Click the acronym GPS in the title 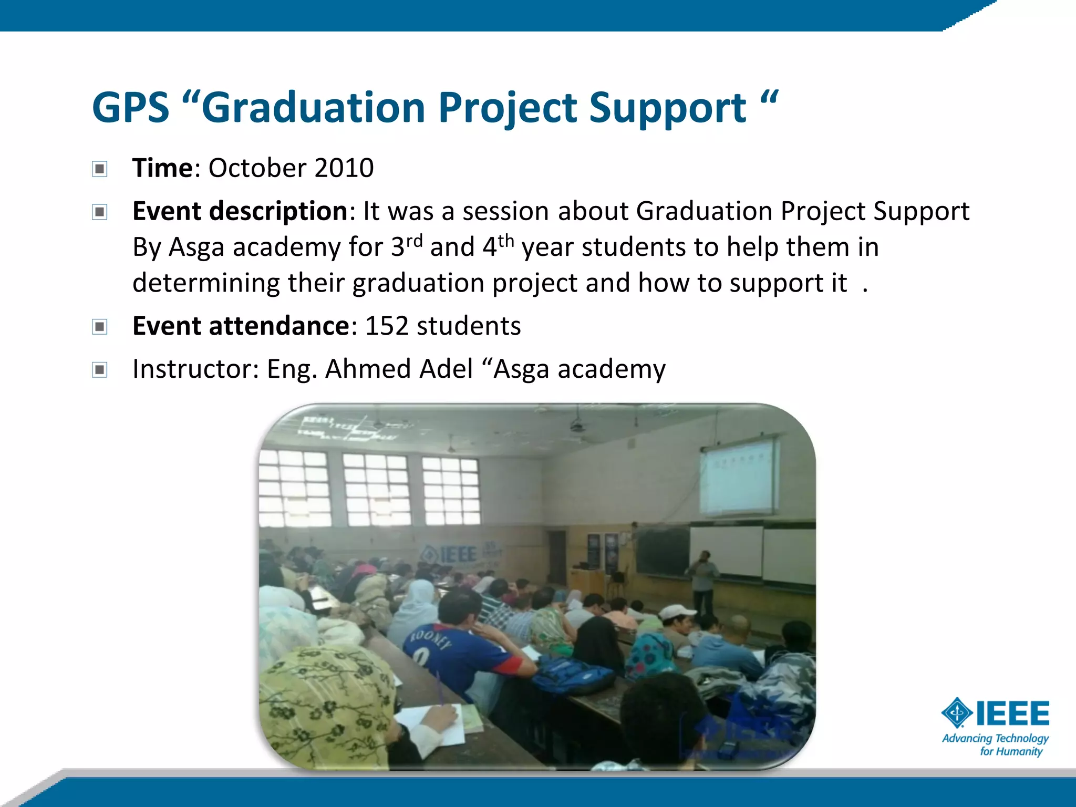click(130, 108)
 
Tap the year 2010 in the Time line click(344, 168)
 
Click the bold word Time click(162, 168)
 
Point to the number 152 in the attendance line click(387, 326)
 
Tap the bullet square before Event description click(100, 212)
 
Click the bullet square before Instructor click(100, 370)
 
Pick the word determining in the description click(205, 283)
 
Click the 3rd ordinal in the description click(406, 246)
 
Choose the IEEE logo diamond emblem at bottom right click(957, 713)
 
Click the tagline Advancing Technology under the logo click(995, 738)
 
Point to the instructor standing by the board click(702, 578)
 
